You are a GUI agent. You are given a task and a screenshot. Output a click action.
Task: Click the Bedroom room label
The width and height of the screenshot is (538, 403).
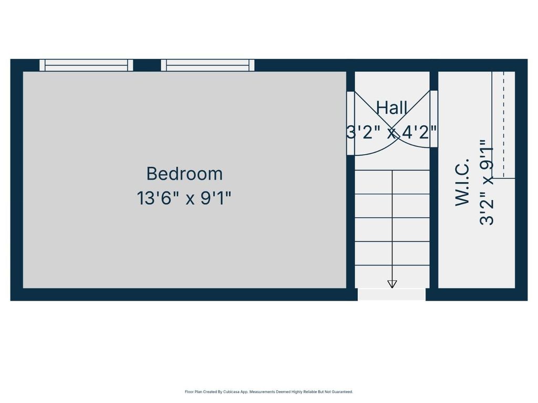[184, 173]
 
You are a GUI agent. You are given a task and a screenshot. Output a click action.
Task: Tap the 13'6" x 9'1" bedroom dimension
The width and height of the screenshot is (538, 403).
[184, 198]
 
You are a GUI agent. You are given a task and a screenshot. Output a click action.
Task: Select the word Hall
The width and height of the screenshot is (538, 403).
[392, 108]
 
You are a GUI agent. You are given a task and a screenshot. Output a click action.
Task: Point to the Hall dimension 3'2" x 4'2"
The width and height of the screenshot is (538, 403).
[391, 132]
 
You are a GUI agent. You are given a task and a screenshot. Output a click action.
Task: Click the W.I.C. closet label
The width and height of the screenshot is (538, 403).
[462, 182]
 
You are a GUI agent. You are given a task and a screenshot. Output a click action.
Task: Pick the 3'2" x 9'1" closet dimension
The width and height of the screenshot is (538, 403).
[487, 182]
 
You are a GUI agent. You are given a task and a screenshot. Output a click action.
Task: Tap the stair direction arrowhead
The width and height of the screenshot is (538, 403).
[392, 284]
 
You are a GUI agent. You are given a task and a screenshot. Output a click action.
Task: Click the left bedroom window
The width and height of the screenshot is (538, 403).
[86, 65]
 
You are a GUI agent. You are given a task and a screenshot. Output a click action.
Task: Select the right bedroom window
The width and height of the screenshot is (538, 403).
[208, 65]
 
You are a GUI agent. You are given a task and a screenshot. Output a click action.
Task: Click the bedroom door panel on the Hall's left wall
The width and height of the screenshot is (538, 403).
[350, 123]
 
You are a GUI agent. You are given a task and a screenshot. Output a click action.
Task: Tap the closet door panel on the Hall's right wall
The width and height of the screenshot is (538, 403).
[433, 119]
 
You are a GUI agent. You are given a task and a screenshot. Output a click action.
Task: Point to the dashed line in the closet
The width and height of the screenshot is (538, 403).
[504, 125]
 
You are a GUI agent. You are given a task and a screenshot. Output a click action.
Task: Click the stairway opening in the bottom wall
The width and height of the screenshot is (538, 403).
[391, 295]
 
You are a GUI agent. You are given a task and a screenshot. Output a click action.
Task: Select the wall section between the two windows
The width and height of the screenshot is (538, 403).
[147, 65]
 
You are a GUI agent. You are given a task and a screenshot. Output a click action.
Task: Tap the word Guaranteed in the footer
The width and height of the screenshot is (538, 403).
[342, 391]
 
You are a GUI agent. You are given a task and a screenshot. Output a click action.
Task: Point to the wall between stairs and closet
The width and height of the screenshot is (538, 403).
[433, 218]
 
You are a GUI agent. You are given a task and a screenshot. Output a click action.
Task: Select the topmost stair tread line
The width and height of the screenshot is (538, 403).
[392, 171]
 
